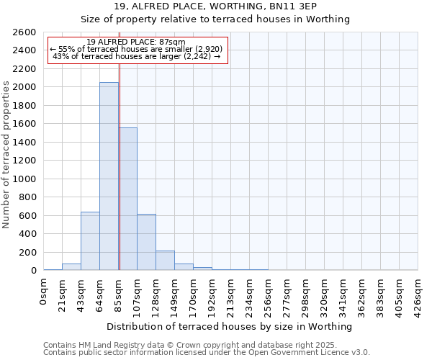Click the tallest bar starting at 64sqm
(x=109, y=176)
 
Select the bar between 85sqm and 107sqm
(x=128, y=199)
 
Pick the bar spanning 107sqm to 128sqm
(x=146, y=242)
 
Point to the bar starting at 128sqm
(x=165, y=261)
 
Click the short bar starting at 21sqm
(x=71, y=266)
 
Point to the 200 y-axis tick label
(x=28, y=252)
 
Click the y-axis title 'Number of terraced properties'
(x=6, y=155)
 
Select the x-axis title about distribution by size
(x=230, y=326)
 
